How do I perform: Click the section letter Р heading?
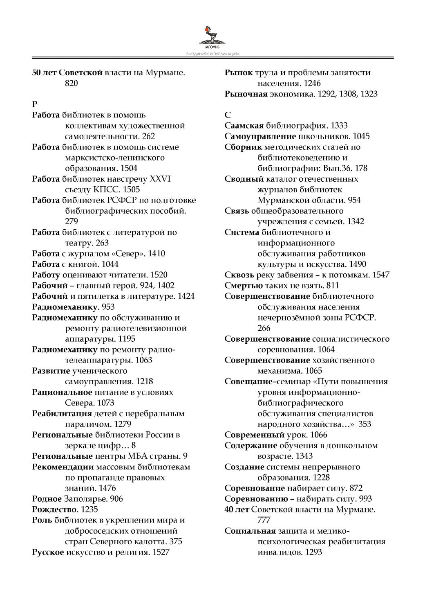coord(35,104)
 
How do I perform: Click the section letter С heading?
coord(228,115)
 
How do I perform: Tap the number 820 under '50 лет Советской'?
coord(72,83)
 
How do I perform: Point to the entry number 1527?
coord(161,552)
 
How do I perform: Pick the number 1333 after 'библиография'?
coord(339,126)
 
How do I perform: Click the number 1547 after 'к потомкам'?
coord(381,275)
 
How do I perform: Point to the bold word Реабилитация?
coord(62,413)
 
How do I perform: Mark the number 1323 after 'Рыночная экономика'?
coord(369,94)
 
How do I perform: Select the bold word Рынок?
coord(239,72)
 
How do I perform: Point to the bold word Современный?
coord(254,435)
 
